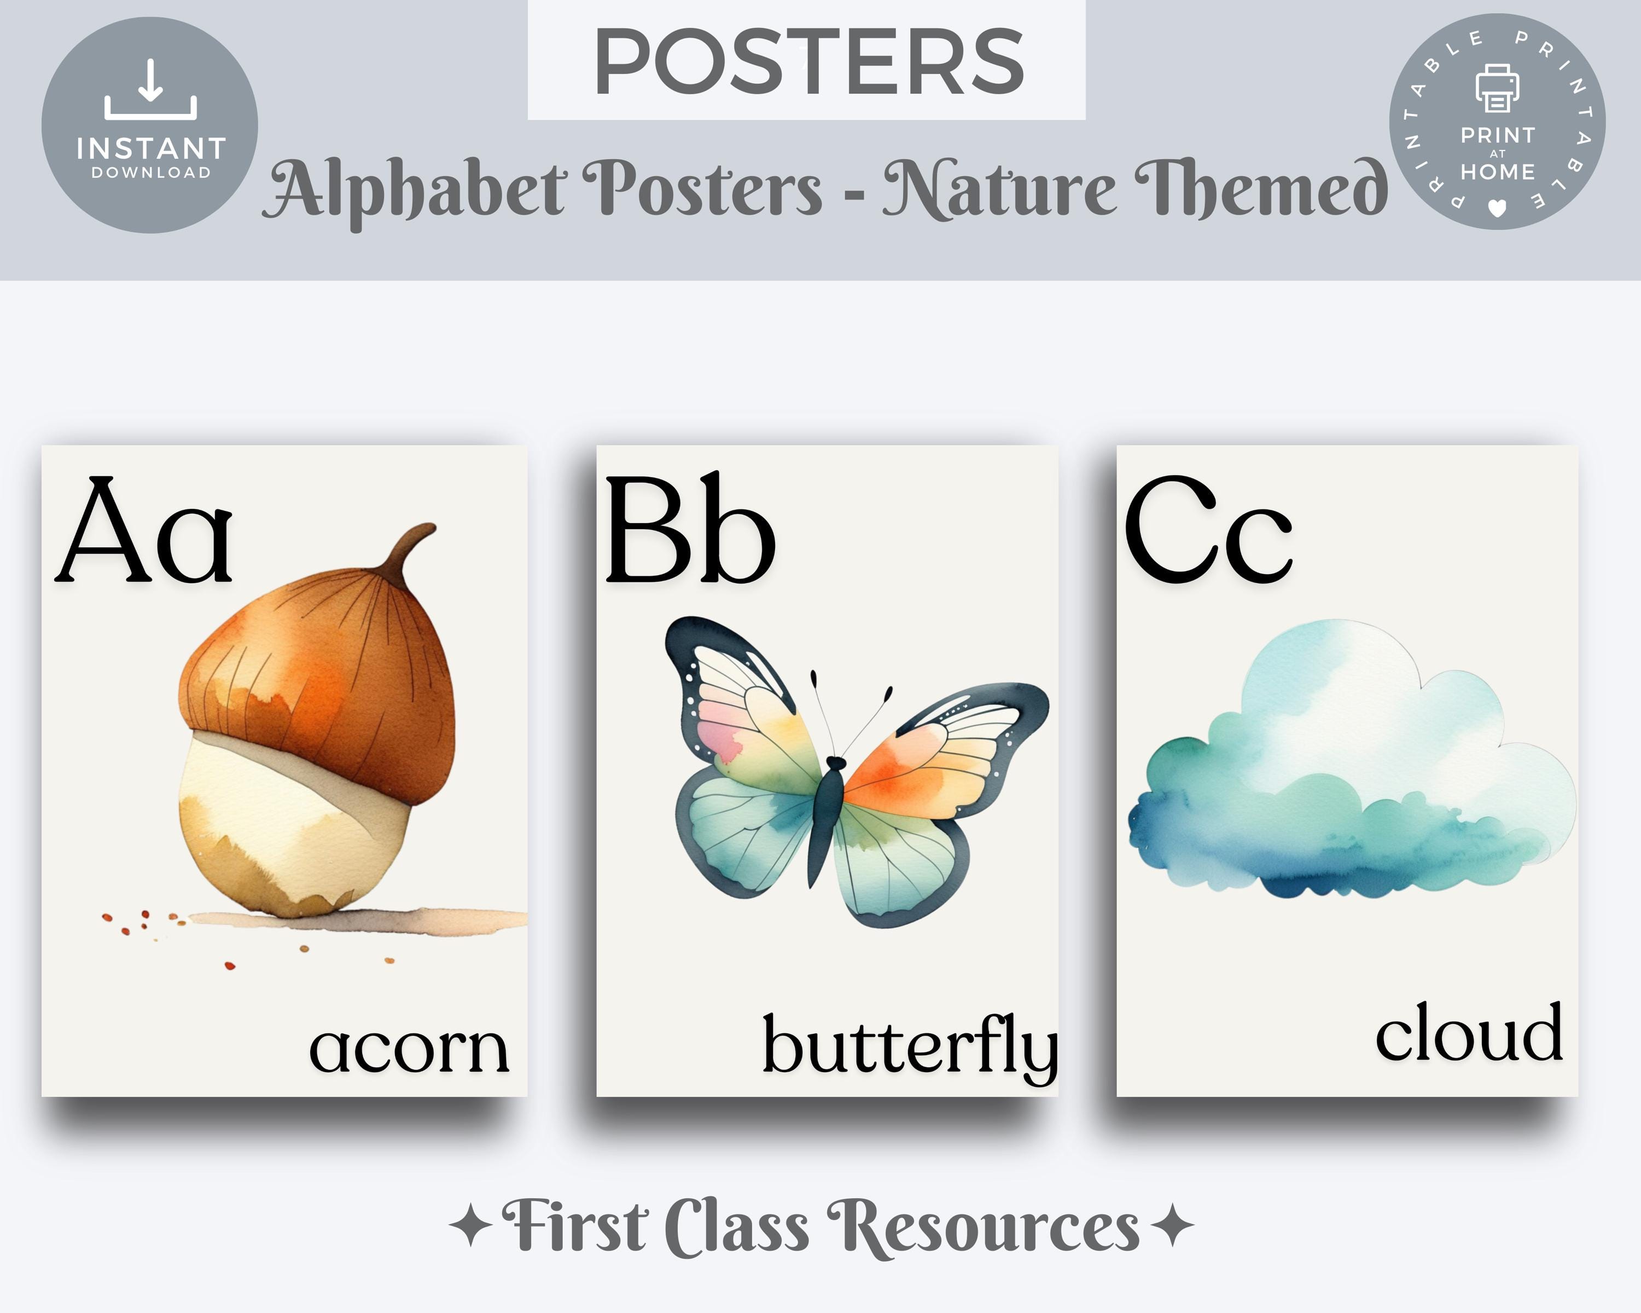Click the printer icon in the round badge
(1497, 88)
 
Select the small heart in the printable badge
(1497, 207)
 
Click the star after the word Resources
(1173, 1225)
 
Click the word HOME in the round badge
(1497, 172)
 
